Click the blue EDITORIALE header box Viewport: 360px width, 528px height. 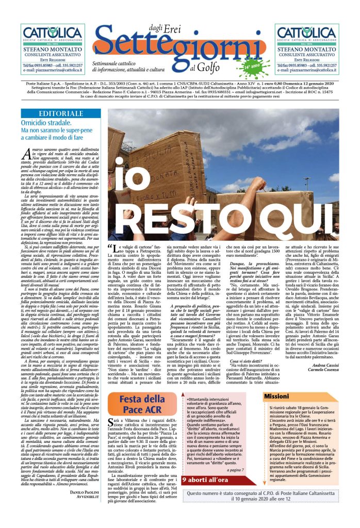pyautogui.click(x=56, y=113)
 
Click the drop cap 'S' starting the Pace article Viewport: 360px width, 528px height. pyautogui.click(x=113, y=437)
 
